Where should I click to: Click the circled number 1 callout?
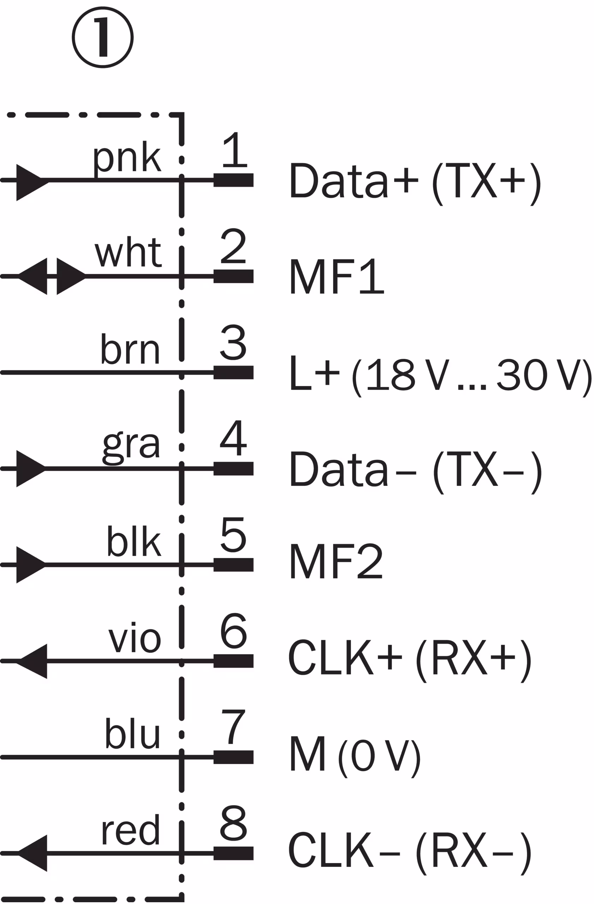(102, 37)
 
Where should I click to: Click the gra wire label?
(131, 448)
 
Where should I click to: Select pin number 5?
(233, 534)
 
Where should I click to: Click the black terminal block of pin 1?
(233, 180)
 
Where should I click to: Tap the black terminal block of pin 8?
(233, 853)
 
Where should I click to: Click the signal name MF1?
(337, 276)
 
